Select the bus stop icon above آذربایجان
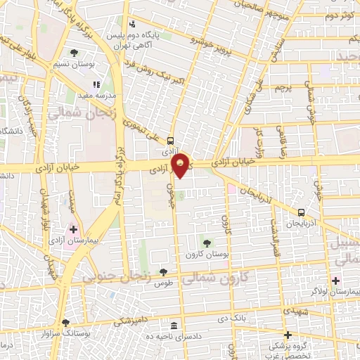pyautogui.click(x=301, y=212)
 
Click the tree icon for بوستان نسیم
pyautogui.click(x=75, y=53)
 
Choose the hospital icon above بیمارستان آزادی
pyautogui.click(x=74, y=230)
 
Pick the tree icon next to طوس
pyautogui.click(x=163, y=271)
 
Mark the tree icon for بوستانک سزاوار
pyautogui.click(x=65, y=323)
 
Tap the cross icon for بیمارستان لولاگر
pyautogui.click(x=335, y=281)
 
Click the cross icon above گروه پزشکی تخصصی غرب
pyautogui.click(x=287, y=335)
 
